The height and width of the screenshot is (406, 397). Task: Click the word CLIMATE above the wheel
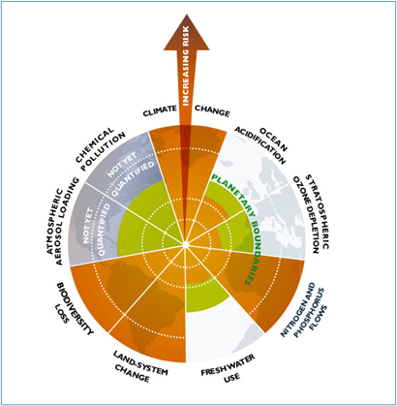tap(160, 110)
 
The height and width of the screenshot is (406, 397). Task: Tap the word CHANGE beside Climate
tap(212, 110)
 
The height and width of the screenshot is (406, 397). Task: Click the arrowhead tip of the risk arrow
tap(187, 15)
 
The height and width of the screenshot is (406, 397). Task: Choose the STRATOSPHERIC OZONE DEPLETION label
tap(311, 214)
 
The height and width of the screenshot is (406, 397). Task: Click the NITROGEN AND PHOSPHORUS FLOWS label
tap(304, 310)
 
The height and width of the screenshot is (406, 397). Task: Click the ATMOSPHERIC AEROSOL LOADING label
tap(63, 221)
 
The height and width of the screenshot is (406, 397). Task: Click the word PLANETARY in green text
tap(233, 193)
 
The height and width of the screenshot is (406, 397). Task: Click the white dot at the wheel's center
tap(185, 244)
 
